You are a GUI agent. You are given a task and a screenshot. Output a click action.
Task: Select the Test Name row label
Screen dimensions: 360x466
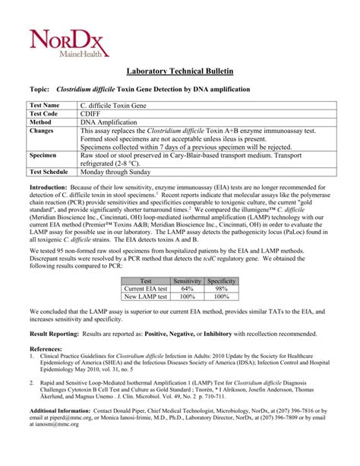tap(44, 104)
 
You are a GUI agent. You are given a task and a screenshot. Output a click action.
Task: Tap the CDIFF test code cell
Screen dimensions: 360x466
tap(90, 113)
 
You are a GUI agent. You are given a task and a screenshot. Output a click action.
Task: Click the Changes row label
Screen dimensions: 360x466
tap(41, 131)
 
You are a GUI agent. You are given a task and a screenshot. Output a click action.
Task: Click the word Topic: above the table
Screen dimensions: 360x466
tap(38, 90)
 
